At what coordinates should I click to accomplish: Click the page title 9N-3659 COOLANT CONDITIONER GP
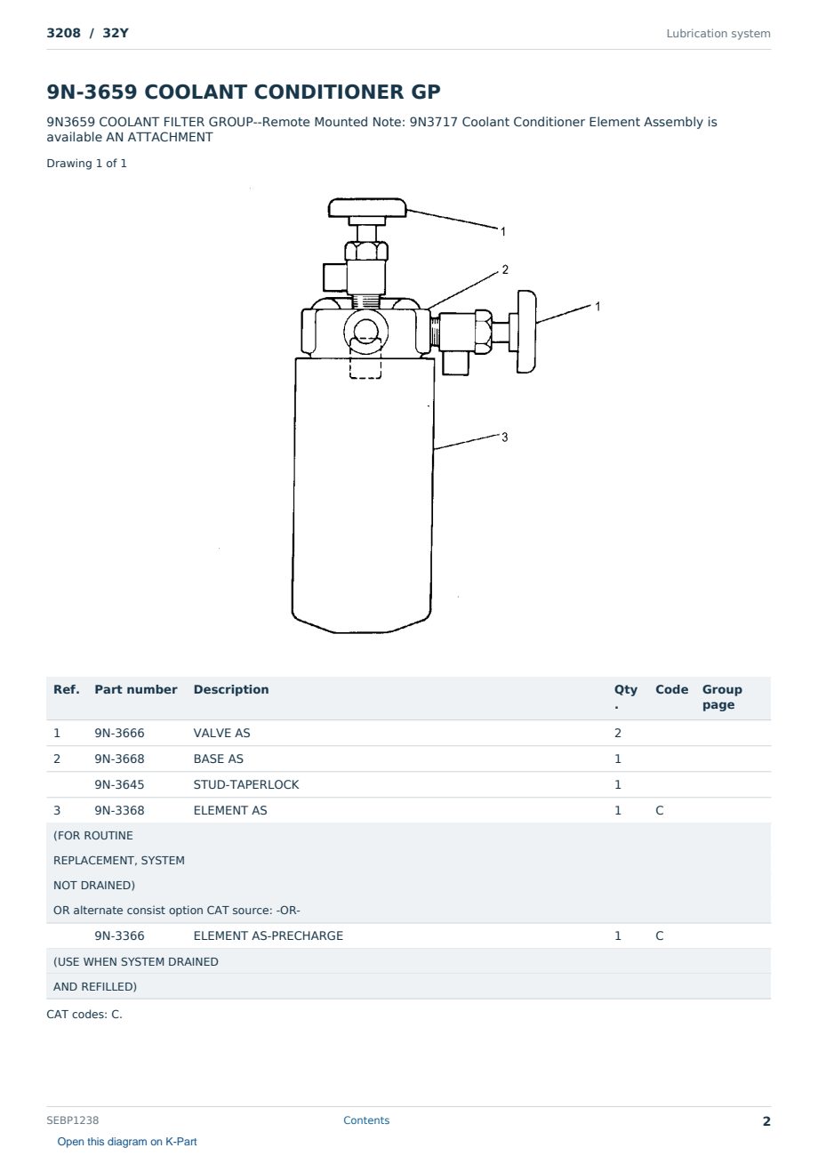click(x=243, y=92)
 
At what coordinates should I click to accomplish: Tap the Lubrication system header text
click(x=718, y=34)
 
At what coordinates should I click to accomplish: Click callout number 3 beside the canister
click(x=504, y=438)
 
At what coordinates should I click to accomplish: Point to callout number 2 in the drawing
click(x=505, y=269)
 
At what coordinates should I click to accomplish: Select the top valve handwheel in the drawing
click(x=367, y=207)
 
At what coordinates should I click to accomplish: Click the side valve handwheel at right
click(x=526, y=332)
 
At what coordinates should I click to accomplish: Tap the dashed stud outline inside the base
click(x=365, y=357)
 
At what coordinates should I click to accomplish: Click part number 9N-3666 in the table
click(x=119, y=733)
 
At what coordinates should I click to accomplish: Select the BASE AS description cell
click(x=218, y=759)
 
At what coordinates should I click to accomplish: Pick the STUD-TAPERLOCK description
click(x=246, y=784)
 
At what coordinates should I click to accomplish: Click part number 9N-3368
click(x=119, y=810)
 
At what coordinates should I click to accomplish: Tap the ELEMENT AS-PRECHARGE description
click(x=268, y=935)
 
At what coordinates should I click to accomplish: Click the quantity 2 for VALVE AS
click(x=618, y=733)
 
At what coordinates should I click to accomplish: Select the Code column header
click(x=671, y=689)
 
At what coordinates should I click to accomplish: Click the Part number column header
click(x=136, y=689)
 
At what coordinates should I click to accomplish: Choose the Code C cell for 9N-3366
click(x=659, y=935)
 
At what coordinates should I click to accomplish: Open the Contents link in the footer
click(x=366, y=1120)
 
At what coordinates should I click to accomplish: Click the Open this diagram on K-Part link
click(x=127, y=1142)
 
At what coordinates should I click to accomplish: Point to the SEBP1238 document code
click(x=73, y=1120)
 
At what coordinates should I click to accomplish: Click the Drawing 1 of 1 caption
click(x=87, y=164)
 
